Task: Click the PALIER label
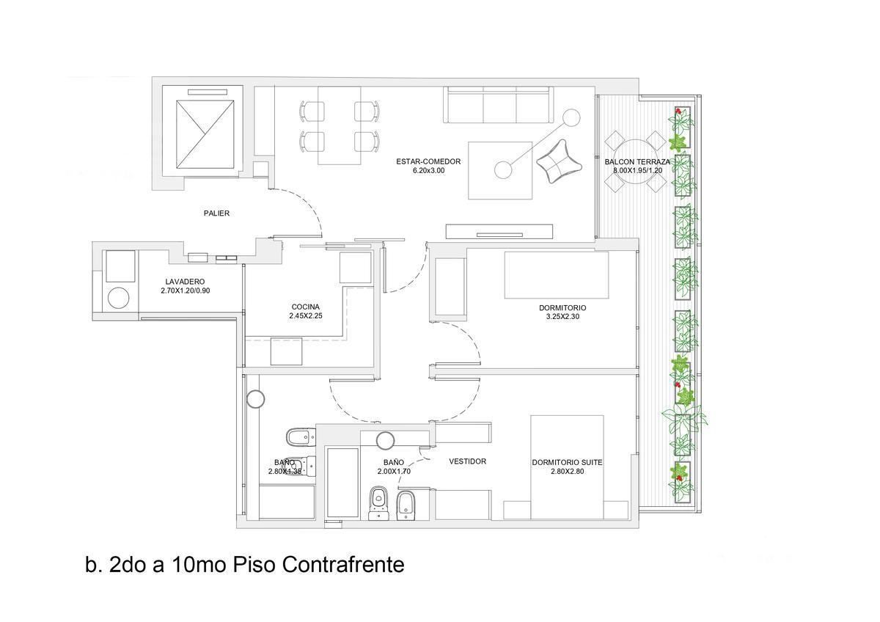coord(216,213)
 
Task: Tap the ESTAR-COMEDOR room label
coord(428,161)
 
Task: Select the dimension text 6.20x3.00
coord(428,170)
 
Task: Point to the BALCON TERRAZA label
coord(637,162)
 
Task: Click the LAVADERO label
coord(185,282)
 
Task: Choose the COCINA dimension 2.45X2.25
coord(306,315)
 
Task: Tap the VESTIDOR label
coord(468,461)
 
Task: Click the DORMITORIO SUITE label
coord(567,463)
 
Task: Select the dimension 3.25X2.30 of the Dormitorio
coord(562,316)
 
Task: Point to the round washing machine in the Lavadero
coord(118,299)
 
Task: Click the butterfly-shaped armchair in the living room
coord(559,161)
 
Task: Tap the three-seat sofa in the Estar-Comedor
coord(499,105)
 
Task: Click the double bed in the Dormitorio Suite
coord(567,467)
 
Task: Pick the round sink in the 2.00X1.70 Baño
coord(385,441)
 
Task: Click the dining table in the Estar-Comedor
coord(340,125)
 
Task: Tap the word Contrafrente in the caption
coord(343,565)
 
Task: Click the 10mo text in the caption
coord(199,565)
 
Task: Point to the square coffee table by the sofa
coord(500,170)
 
